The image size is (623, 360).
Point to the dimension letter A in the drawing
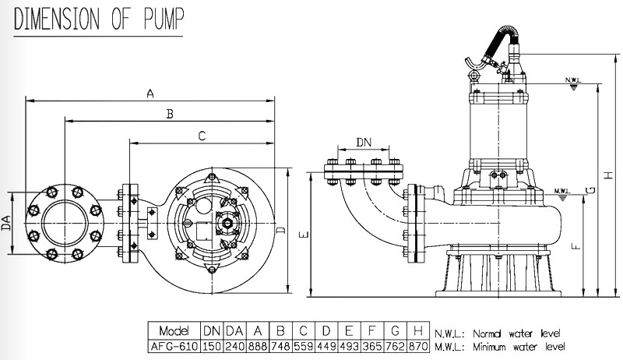(x=151, y=94)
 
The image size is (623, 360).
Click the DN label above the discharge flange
(x=364, y=142)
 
